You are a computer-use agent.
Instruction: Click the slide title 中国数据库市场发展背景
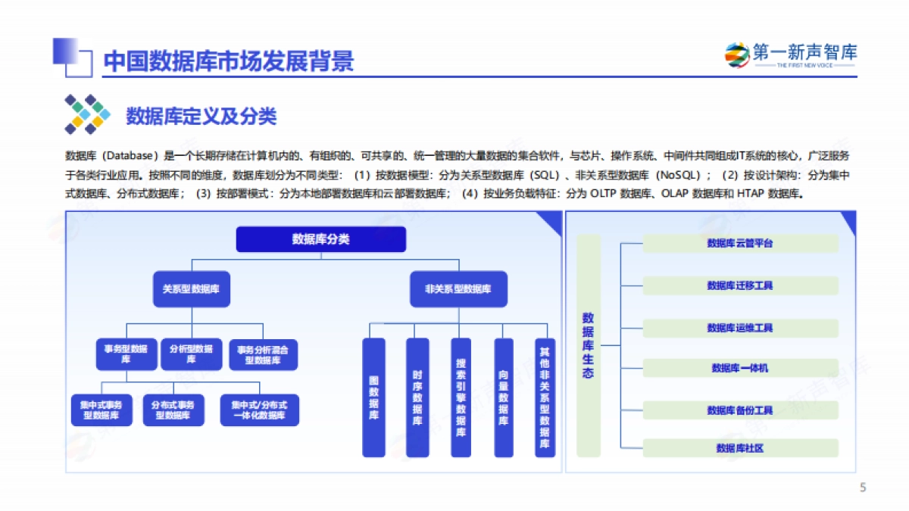[x=228, y=61]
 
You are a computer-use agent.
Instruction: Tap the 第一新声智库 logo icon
[x=736, y=55]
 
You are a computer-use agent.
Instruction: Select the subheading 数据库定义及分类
[x=201, y=116]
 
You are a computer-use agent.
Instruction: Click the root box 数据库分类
[x=321, y=239]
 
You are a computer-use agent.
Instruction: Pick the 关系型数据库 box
[x=191, y=288]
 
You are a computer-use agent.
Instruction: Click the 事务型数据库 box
[x=127, y=354]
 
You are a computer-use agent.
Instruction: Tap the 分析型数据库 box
[x=192, y=354]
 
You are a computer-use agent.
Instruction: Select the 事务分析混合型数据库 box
[x=263, y=354]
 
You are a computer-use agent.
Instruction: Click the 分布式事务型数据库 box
[x=173, y=410]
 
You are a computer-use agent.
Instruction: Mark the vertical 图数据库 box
[x=373, y=397]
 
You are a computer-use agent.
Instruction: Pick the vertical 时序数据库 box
[x=417, y=397]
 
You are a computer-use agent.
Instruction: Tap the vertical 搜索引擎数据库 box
[x=461, y=397]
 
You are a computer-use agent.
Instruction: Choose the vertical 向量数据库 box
[x=504, y=397]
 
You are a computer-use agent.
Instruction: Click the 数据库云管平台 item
[x=740, y=243]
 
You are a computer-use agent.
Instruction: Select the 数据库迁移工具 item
[x=740, y=285]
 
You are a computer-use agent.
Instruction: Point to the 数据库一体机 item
[x=740, y=368]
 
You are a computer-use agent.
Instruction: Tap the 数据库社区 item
[x=740, y=448]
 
